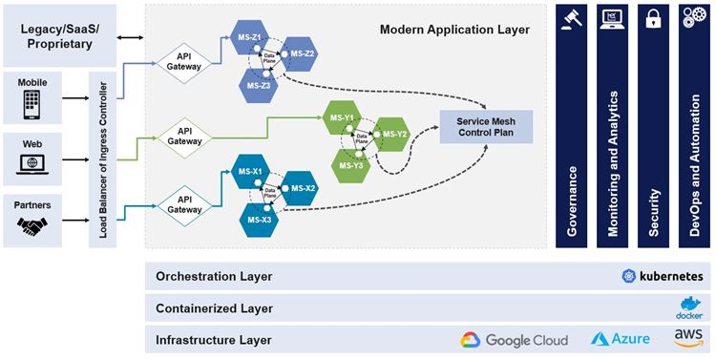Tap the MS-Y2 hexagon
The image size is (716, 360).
point(394,133)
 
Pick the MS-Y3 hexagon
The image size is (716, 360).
point(352,165)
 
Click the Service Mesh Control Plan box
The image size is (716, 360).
point(485,128)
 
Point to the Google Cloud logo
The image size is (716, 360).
point(514,340)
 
